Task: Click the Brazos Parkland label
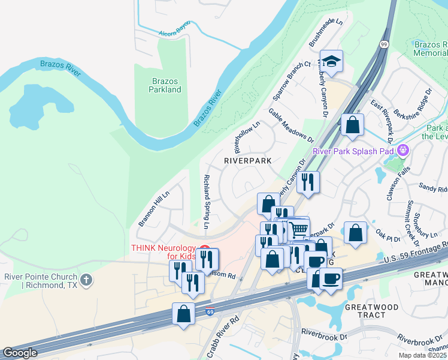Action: click(165, 85)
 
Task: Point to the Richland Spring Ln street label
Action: click(206, 202)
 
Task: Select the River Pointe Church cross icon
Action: click(87, 280)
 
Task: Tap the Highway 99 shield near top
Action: click(384, 44)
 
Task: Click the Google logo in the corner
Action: click(20, 353)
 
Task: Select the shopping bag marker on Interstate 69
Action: click(184, 313)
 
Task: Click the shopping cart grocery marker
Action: click(299, 228)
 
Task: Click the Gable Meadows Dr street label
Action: click(291, 125)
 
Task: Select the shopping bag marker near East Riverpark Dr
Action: click(353, 125)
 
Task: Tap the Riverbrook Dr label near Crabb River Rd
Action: click(324, 332)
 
